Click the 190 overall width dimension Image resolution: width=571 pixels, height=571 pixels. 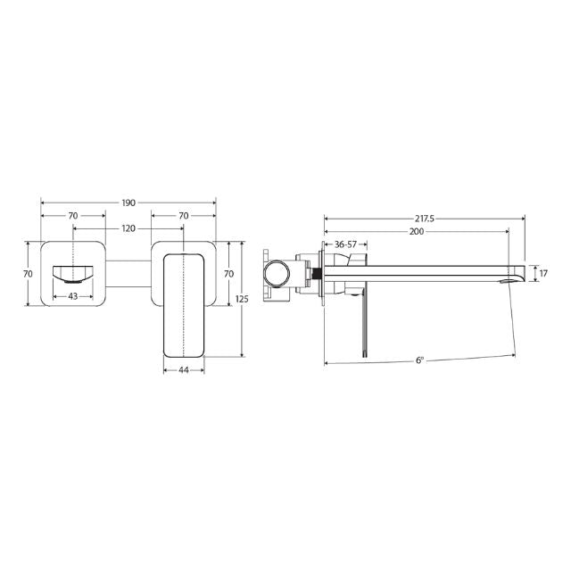click(x=128, y=203)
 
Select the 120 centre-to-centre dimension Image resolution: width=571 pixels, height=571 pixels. click(x=128, y=228)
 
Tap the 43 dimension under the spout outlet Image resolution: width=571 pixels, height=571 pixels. click(x=73, y=295)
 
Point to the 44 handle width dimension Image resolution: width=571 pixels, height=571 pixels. click(x=184, y=369)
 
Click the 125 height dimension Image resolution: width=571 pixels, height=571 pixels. click(x=243, y=300)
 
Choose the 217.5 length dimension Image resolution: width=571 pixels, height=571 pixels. click(x=425, y=218)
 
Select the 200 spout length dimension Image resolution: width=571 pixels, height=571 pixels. click(x=416, y=231)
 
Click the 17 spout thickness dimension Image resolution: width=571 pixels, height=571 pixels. click(x=543, y=274)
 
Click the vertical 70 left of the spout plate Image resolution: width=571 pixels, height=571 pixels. click(x=28, y=273)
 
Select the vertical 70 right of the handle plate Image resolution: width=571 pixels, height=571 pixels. click(x=228, y=273)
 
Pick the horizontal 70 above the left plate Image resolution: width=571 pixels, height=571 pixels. click(x=73, y=216)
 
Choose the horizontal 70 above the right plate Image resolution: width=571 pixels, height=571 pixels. click(x=184, y=216)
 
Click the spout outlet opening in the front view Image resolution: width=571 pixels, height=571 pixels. click(x=72, y=273)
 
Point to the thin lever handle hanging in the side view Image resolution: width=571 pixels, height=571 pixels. click(x=363, y=326)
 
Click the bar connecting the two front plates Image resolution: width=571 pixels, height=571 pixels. click(x=128, y=273)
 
